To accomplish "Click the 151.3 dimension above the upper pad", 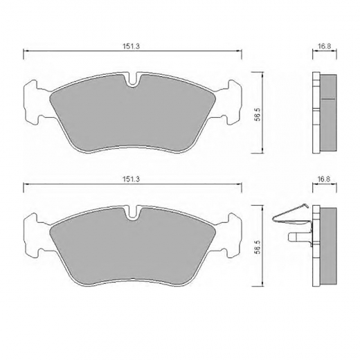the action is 131,46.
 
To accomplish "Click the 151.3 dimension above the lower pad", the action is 131,179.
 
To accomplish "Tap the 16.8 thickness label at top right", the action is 325,46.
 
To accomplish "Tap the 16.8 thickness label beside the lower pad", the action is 325,179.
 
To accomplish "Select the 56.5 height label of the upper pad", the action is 258,114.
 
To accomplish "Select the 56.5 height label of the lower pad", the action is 258,247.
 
